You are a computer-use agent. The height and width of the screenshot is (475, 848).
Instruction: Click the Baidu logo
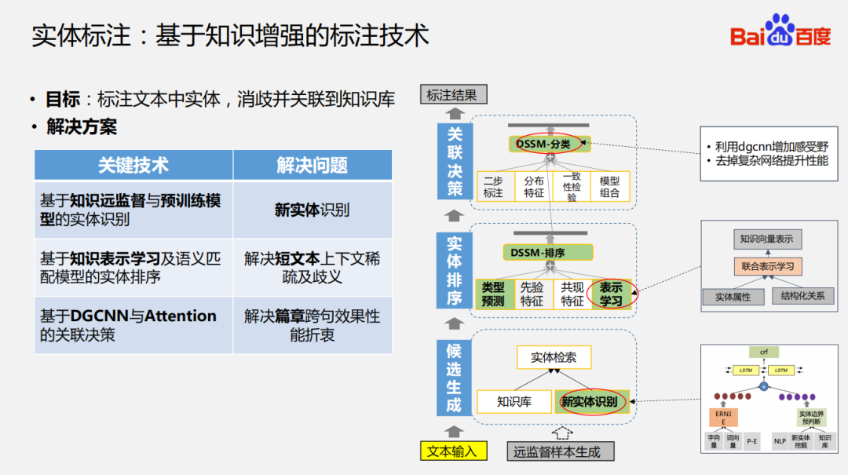click(x=779, y=32)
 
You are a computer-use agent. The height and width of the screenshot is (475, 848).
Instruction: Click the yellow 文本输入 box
click(x=452, y=451)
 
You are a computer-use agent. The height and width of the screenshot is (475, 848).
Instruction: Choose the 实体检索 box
click(x=553, y=357)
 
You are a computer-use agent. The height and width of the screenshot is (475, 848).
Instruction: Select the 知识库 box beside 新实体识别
click(x=514, y=402)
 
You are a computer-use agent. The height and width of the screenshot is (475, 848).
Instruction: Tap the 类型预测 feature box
click(x=493, y=294)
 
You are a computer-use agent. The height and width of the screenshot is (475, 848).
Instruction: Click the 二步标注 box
click(x=493, y=187)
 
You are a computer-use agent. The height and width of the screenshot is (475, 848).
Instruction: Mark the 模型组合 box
click(x=610, y=187)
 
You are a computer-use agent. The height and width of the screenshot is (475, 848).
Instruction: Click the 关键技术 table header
click(x=133, y=166)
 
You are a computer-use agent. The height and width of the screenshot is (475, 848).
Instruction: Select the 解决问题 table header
click(x=312, y=166)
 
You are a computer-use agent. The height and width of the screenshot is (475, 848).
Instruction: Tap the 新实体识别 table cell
click(x=312, y=210)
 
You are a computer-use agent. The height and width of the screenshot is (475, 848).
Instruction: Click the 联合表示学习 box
click(x=767, y=266)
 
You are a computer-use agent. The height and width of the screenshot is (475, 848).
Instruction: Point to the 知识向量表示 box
click(x=767, y=238)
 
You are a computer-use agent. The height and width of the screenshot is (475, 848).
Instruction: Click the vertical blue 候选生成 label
click(x=454, y=378)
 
